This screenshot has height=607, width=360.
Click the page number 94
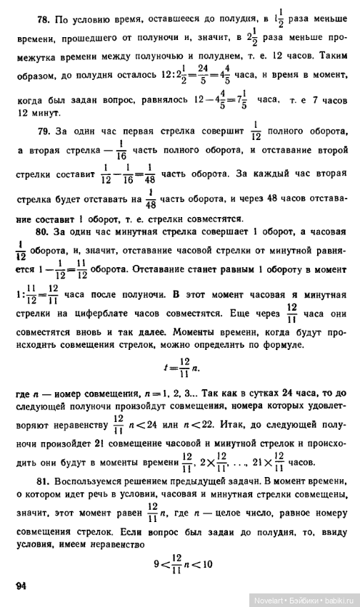(21, 586)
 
